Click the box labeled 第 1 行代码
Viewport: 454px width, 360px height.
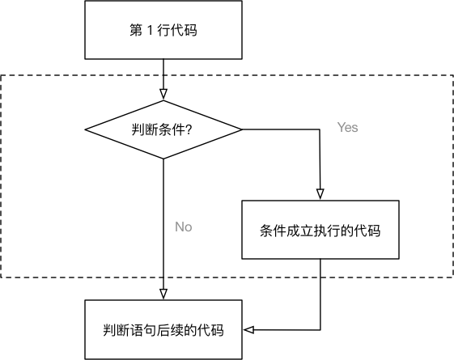coord(163,31)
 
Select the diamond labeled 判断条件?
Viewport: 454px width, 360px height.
coord(163,129)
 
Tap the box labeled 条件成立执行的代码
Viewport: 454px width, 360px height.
coord(320,230)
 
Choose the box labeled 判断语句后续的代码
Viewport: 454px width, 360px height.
coord(163,329)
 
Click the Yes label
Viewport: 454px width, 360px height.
coord(347,128)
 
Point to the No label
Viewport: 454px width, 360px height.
coord(184,227)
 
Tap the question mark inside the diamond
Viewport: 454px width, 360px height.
coord(189,129)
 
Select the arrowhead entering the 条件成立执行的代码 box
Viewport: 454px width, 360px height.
coord(320,195)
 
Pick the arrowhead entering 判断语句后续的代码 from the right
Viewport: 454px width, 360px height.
coord(249,329)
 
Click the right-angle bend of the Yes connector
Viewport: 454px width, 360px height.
coord(320,129)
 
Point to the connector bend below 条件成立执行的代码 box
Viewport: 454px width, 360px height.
coord(320,329)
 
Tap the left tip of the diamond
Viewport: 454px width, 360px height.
coord(86,129)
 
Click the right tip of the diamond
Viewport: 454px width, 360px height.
coord(242,129)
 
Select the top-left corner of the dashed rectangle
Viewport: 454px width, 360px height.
coord(2,76)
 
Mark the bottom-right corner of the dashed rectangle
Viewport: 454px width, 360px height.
coord(452,277)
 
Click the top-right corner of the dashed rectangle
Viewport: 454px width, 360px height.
coord(452,76)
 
